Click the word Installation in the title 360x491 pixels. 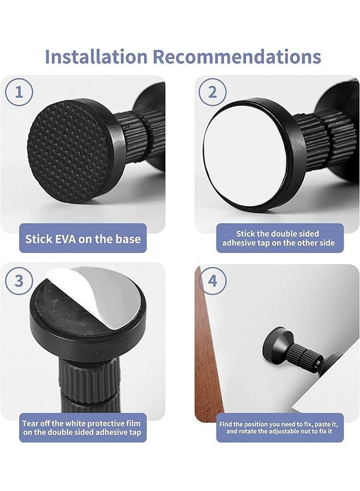[96, 56]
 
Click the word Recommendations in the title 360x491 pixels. [236, 56]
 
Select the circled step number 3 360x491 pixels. [20, 280]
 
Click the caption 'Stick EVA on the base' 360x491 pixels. [83, 238]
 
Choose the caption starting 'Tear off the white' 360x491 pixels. [82, 427]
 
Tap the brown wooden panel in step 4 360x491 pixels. [209, 355]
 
